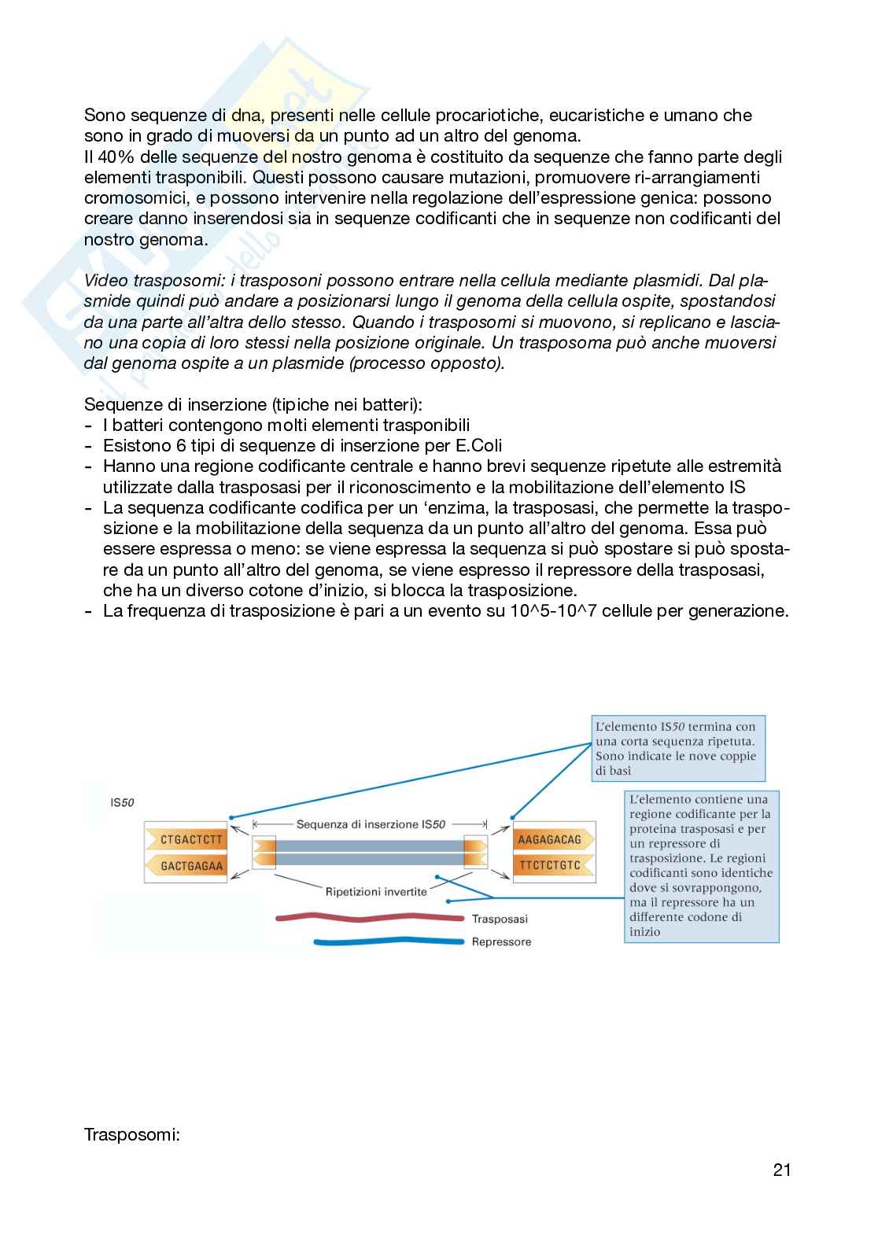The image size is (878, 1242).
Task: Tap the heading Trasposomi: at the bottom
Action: (132, 1135)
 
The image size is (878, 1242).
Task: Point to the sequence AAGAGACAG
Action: (549, 839)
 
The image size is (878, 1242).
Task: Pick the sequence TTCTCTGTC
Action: (549, 866)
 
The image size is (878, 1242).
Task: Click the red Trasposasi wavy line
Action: (370, 917)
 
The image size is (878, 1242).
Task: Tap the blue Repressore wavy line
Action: (389, 942)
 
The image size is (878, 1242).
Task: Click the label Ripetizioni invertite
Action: (376, 891)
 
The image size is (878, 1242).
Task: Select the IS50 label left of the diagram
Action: (122, 803)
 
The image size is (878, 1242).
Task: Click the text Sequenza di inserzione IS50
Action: (371, 824)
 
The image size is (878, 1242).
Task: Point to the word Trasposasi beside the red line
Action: (500, 918)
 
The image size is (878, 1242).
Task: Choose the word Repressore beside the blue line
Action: (501, 942)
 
